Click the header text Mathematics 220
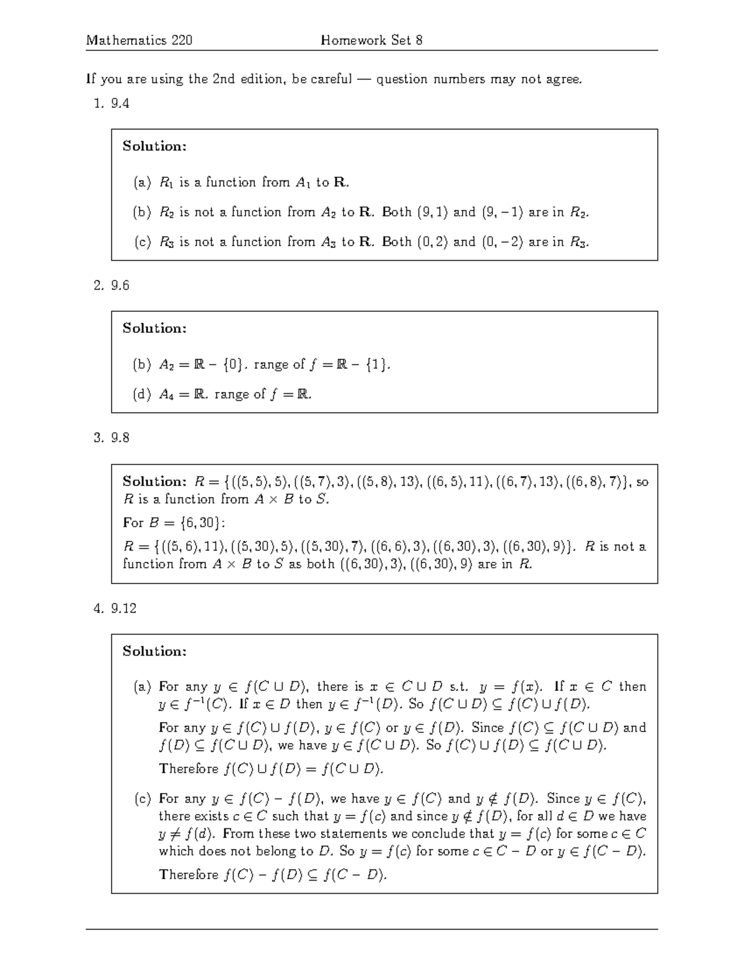coord(139,41)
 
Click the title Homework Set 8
coord(371,41)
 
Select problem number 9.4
coord(120,104)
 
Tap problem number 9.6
coord(120,285)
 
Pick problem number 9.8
coord(120,438)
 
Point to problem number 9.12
coord(123,608)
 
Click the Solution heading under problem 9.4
coord(154,146)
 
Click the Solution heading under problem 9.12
coord(154,651)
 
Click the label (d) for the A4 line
coord(142,394)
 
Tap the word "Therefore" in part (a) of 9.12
coord(188,769)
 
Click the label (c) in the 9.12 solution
coord(142,799)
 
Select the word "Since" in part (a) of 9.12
coord(487,727)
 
